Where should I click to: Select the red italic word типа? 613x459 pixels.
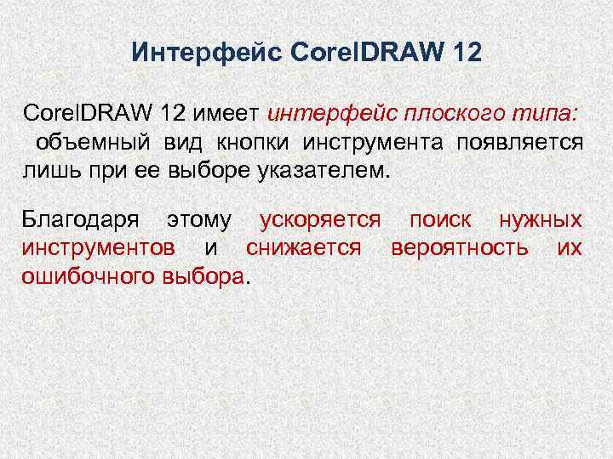point(547,113)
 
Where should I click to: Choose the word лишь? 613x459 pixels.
point(47,168)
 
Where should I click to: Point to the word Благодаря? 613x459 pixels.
point(83,221)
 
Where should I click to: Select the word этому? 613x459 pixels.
point(198,221)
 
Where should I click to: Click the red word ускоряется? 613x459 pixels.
point(319,221)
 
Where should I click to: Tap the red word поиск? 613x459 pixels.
point(440,221)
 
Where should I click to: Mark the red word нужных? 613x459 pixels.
point(540,221)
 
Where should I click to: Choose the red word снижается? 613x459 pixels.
point(304,248)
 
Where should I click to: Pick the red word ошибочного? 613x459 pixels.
point(81,276)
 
